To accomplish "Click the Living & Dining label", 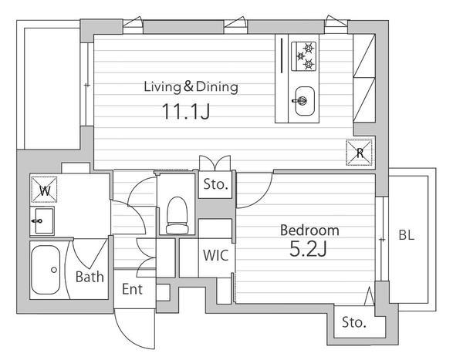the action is pos(191,87).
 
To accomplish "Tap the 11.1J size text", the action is pos(186,111).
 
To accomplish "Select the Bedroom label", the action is pos(309,230).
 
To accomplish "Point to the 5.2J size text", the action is pos(308,249).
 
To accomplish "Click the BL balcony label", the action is pos(407,235).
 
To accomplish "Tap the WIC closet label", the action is pos(215,255).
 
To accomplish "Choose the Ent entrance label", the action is pos(132,289).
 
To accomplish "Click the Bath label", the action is pos(90,277).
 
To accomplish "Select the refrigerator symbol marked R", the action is pos(359,153).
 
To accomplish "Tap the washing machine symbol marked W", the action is pos(44,190).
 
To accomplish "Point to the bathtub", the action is pos(46,270).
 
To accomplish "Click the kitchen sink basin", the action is pos(304,101).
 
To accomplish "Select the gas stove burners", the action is pos(304,56).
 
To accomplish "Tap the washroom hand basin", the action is pos(43,220).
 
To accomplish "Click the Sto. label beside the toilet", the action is pos(215,184).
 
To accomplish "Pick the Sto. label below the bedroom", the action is pos(354,322).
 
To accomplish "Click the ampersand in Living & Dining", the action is pos(188,86).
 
